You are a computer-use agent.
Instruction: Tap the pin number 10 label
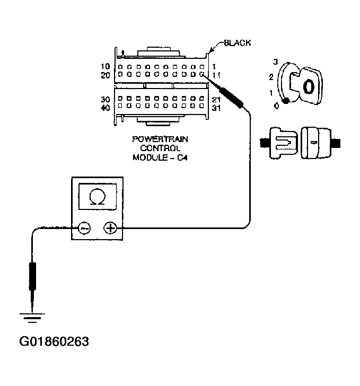click(x=105, y=67)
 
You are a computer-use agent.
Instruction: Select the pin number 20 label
click(x=105, y=75)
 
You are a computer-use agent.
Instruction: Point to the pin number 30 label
click(x=105, y=99)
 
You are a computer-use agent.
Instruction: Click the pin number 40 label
click(x=105, y=107)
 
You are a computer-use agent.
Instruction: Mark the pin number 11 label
click(x=216, y=75)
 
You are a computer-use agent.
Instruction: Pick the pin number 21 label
click(x=217, y=99)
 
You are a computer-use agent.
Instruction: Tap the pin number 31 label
click(x=217, y=107)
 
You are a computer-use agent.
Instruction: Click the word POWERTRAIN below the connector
click(x=161, y=139)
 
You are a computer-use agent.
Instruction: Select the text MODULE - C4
click(x=161, y=157)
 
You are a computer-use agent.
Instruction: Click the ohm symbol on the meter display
click(x=97, y=197)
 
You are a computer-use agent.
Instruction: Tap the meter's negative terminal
click(x=84, y=228)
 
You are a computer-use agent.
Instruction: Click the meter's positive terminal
click(x=110, y=228)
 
